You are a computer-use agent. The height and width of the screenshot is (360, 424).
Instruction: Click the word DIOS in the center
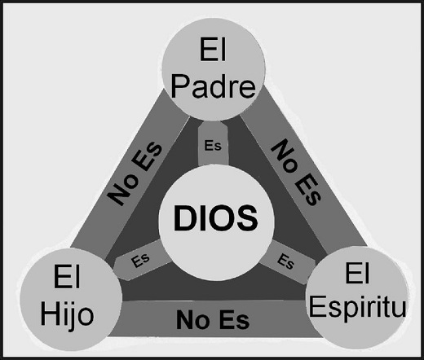coord(215,218)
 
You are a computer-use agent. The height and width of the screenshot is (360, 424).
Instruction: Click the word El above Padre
coord(213,50)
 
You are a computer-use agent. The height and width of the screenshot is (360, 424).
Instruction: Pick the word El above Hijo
coord(67,277)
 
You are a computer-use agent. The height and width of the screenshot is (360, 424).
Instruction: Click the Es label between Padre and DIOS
coord(213,145)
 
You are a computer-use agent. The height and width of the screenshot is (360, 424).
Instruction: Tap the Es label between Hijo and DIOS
coord(140,261)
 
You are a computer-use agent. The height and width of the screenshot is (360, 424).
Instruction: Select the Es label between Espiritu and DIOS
coord(285,261)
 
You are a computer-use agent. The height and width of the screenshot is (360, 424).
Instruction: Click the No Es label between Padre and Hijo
coord(135,173)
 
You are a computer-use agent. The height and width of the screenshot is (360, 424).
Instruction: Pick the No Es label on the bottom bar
coord(213,319)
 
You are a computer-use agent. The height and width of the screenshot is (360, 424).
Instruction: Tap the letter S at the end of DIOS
coord(247,218)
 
